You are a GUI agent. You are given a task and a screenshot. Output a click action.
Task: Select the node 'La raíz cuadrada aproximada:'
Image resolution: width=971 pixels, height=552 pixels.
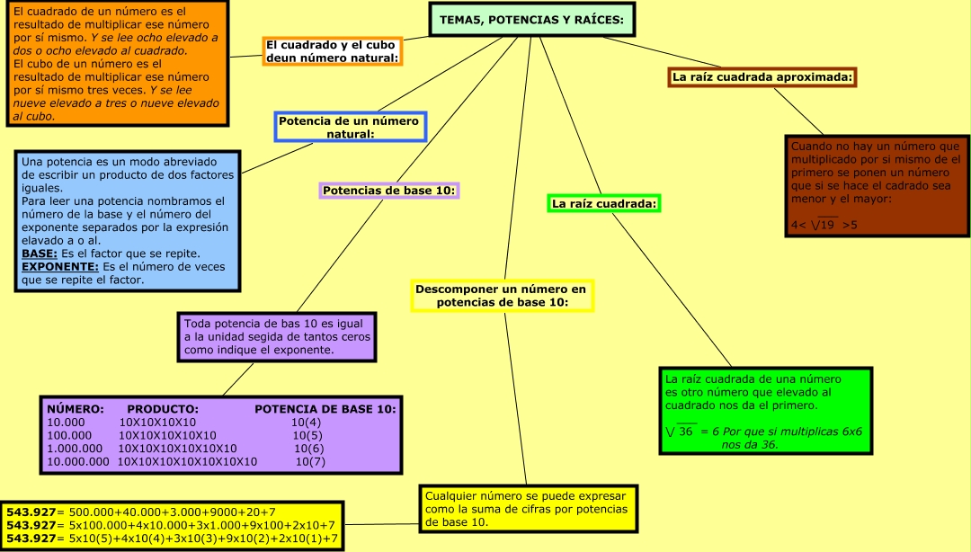pos(762,77)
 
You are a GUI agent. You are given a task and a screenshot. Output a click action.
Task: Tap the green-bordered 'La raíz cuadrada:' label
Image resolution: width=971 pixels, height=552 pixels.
pos(604,204)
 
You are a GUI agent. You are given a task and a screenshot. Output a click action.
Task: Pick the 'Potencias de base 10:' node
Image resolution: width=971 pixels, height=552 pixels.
pos(388,191)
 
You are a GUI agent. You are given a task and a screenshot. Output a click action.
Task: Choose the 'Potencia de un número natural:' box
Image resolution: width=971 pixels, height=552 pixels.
pos(350,127)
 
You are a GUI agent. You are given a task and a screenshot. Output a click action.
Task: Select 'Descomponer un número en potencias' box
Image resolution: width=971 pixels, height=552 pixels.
pos(502,296)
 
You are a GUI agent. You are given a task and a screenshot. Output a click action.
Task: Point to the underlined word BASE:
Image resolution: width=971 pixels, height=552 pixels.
pos(40,254)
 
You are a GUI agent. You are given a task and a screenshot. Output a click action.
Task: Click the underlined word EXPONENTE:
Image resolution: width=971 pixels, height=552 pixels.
pos(59,267)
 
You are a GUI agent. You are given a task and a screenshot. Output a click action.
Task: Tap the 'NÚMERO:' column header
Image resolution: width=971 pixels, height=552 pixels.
pos(76,409)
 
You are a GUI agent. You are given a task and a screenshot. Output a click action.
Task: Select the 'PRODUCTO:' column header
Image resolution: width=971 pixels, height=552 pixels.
pos(162,409)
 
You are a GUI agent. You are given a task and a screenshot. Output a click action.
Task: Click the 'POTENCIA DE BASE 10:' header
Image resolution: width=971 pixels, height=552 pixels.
pos(325,409)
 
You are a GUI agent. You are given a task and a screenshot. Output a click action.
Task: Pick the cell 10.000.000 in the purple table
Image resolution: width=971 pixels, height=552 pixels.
pos(77,462)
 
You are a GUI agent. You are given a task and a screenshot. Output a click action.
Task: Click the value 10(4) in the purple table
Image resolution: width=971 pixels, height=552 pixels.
pos(306,423)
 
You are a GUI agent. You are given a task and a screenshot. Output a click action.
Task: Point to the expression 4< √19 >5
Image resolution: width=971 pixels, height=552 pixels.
pos(824,224)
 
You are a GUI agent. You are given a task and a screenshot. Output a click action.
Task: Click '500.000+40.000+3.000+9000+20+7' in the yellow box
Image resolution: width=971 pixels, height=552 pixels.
pos(173,512)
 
